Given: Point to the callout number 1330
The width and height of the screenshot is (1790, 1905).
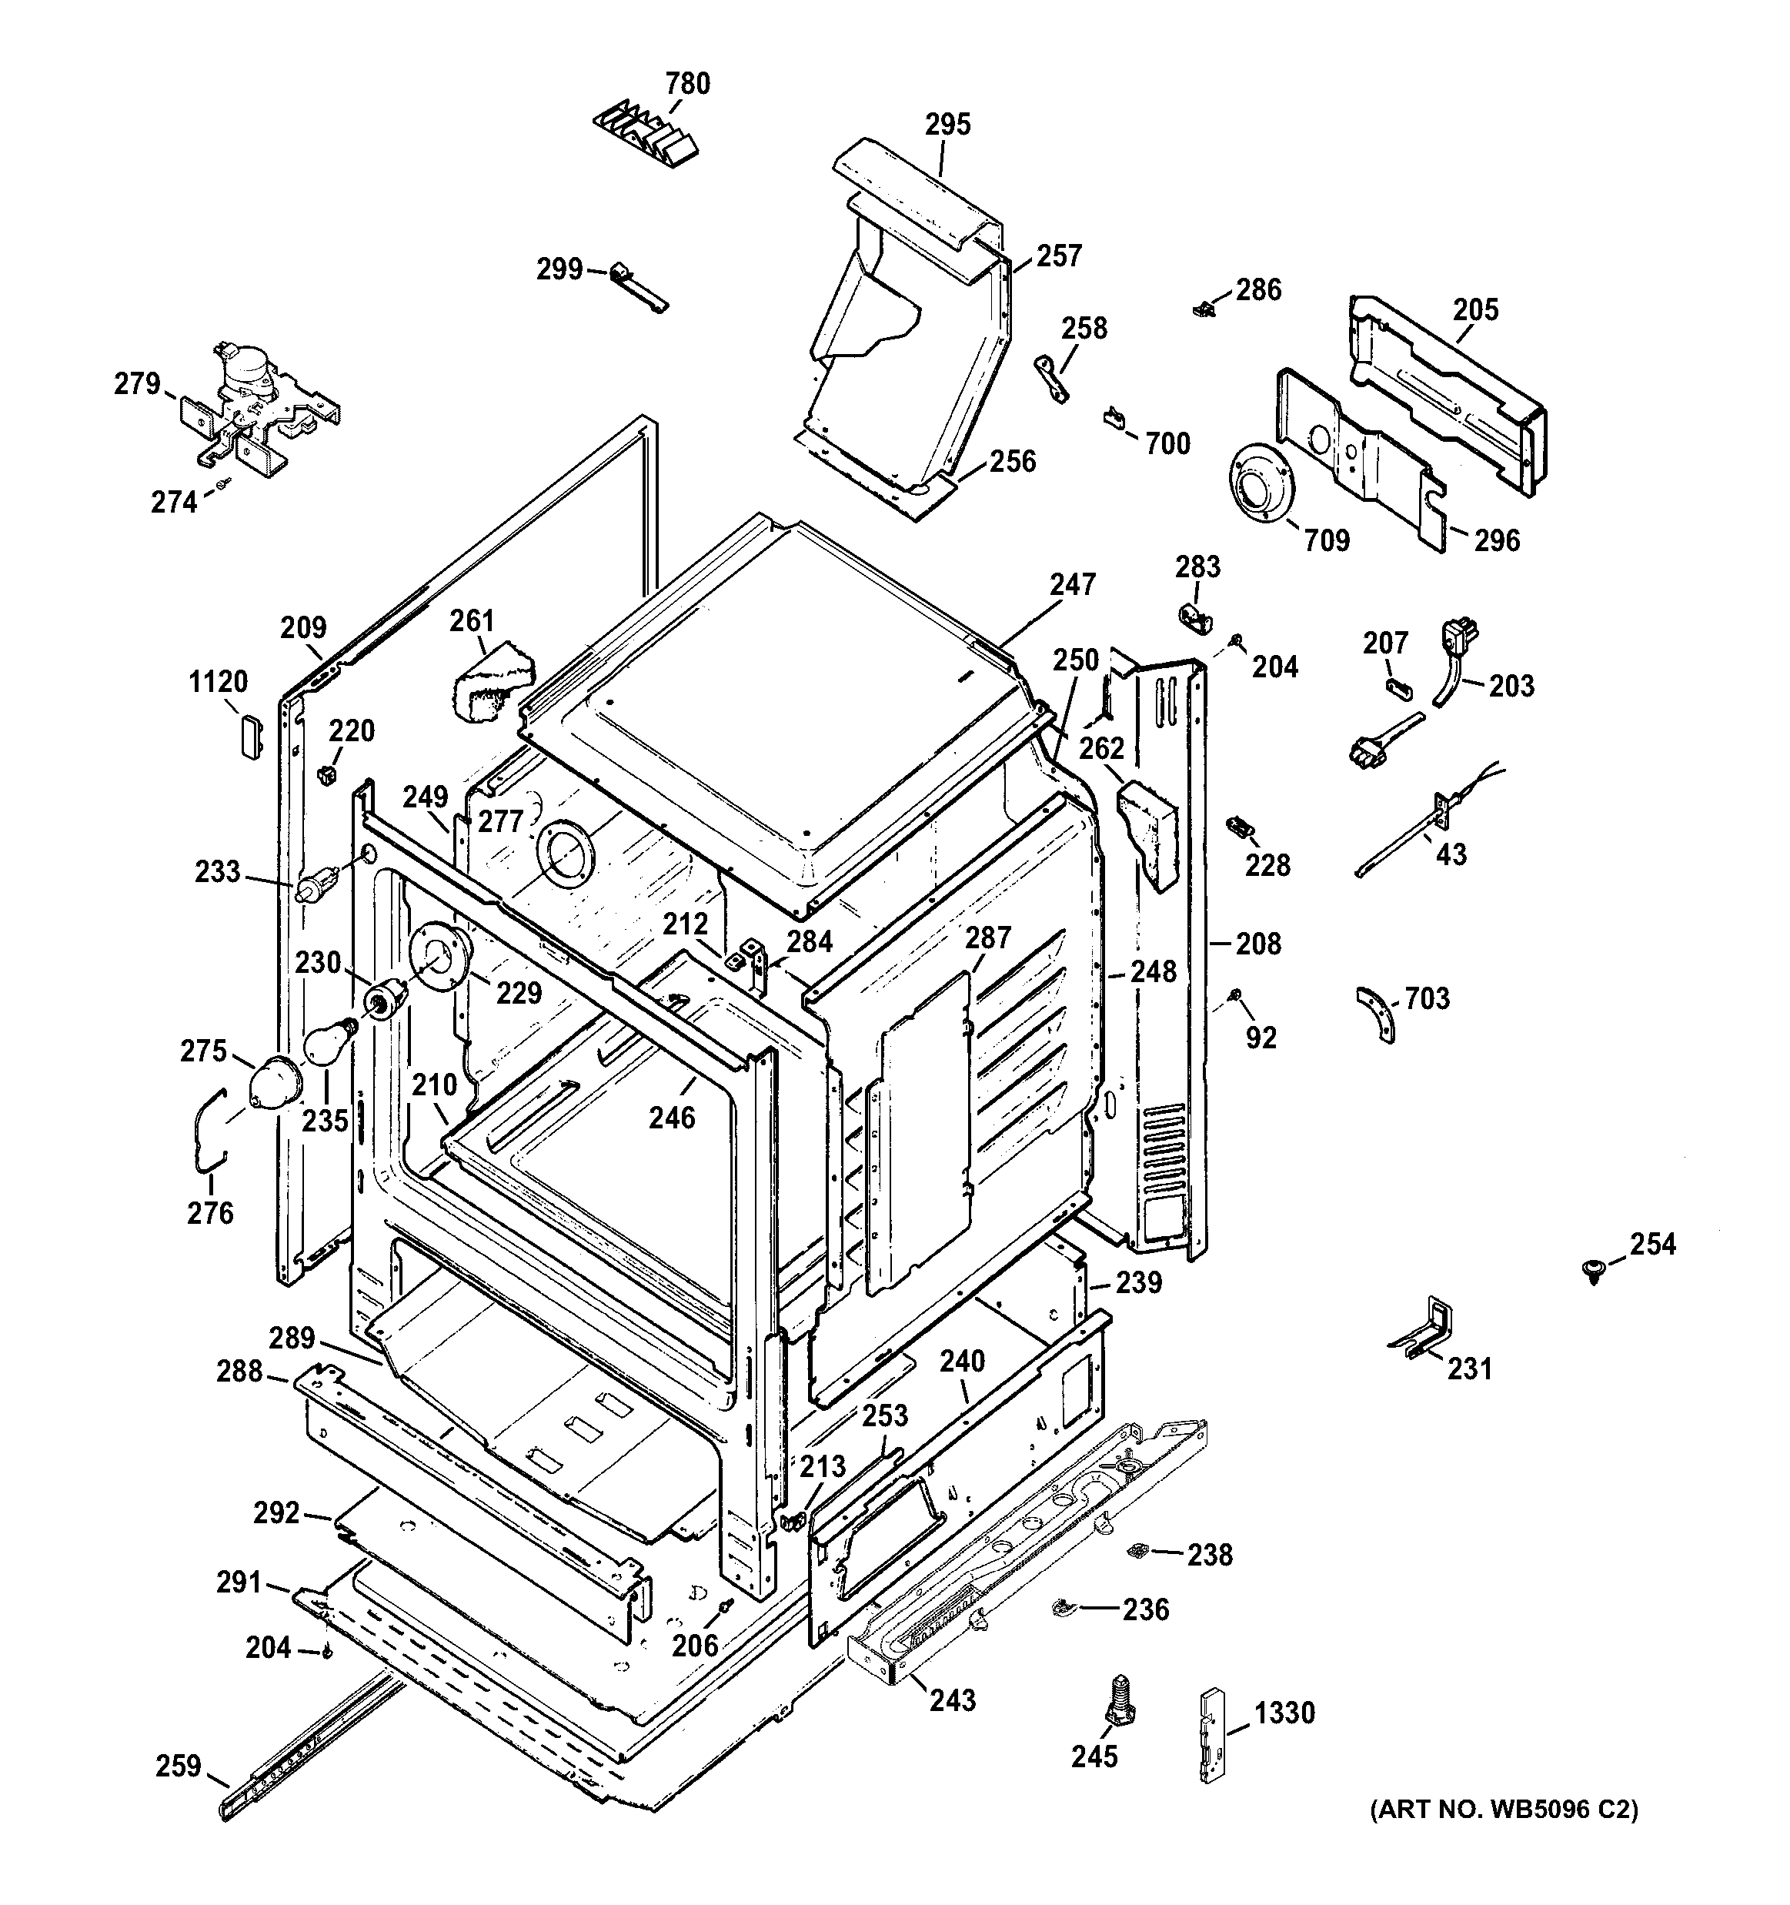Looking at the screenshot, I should [x=1284, y=1712].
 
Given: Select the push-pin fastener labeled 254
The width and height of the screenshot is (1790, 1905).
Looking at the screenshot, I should [x=1592, y=1271].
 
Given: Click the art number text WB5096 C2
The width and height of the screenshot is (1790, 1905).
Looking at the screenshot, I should [x=1504, y=1810].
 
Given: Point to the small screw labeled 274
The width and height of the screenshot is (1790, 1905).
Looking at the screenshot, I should [x=222, y=485].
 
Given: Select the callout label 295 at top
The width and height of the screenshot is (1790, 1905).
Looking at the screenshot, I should [x=947, y=125].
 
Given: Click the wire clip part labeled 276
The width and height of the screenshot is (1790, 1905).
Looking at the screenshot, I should [x=203, y=1131].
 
